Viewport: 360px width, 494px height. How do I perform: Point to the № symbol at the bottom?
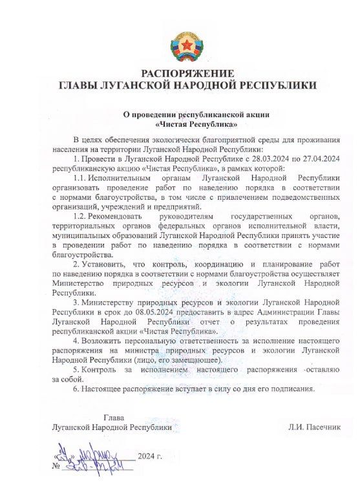point(56,465)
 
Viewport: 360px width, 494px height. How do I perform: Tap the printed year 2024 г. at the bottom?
point(149,456)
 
